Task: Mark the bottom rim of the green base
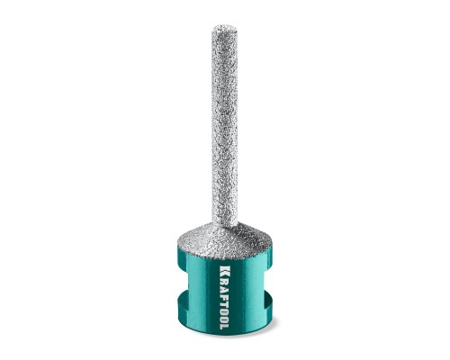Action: (x=225, y=335)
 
